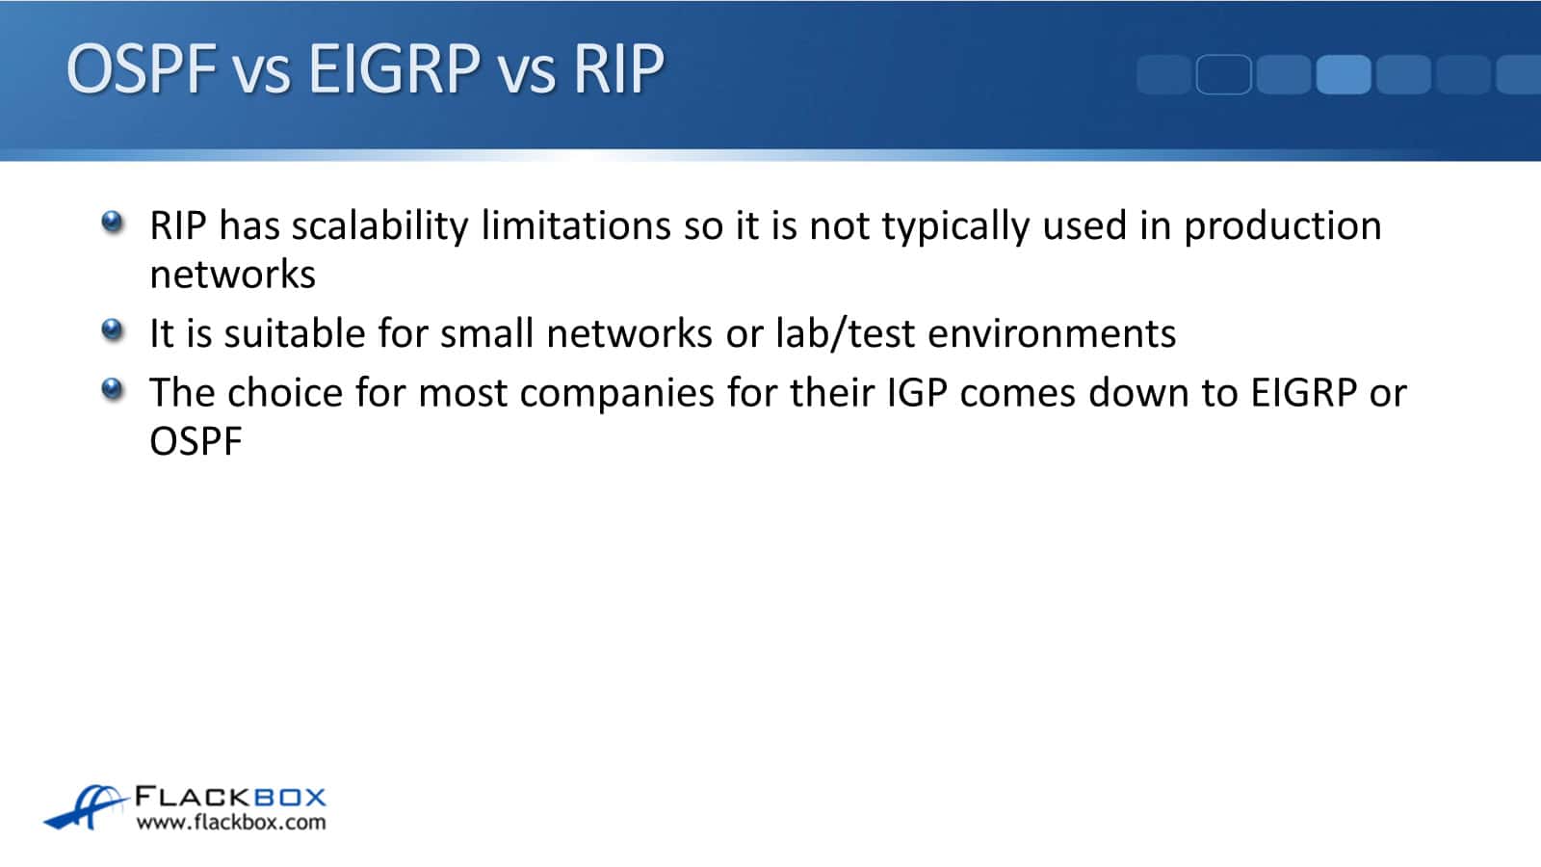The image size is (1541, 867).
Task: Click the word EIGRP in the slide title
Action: point(394,68)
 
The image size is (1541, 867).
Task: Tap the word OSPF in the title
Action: point(142,68)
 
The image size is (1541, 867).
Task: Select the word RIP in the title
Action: point(618,68)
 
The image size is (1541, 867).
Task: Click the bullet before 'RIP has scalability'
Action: point(112,223)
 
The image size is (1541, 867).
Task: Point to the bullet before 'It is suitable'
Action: point(112,330)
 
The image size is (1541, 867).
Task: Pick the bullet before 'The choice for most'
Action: point(112,389)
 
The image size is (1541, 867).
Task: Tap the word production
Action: point(1282,226)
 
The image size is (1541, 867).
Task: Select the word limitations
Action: point(576,225)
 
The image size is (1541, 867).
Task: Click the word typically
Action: point(955,226)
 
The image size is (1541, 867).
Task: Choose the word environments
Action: point(1052,333)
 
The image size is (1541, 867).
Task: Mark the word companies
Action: point(617,394)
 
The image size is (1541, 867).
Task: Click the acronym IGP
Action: point(917,392)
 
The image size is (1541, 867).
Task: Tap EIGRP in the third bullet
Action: point(1304,392)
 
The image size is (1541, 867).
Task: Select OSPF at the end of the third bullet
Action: point(196,442)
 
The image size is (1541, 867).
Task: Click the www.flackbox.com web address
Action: point(231,823)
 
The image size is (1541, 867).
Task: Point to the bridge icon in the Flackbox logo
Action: point(86,806)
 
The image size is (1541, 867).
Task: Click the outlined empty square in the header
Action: point(1224,74)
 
